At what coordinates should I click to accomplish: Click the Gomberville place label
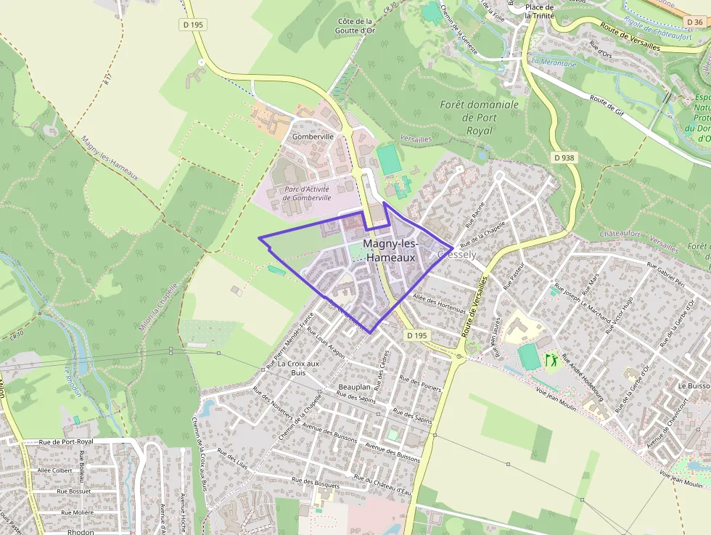point(313,136)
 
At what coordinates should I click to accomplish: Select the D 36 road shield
point(694,22)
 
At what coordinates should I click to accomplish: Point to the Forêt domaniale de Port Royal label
point(480,118)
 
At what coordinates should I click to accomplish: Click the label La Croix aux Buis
point(299,368)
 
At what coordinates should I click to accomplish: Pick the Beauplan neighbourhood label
point(354,388)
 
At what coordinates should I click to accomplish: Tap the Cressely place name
point(458,255)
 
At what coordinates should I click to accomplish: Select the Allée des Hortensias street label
point(438,303)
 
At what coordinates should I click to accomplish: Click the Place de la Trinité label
point(539,11)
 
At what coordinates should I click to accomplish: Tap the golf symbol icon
point(549,359)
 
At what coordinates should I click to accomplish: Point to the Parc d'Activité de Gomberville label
point(306,193)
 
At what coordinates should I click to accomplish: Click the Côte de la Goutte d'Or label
point(355,27)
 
